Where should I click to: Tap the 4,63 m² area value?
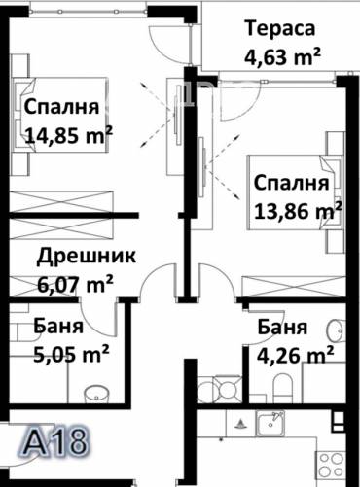tap(283, 55)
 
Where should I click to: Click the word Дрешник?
tap(87, 257)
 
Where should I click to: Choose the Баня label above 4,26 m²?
tap(283, 328)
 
